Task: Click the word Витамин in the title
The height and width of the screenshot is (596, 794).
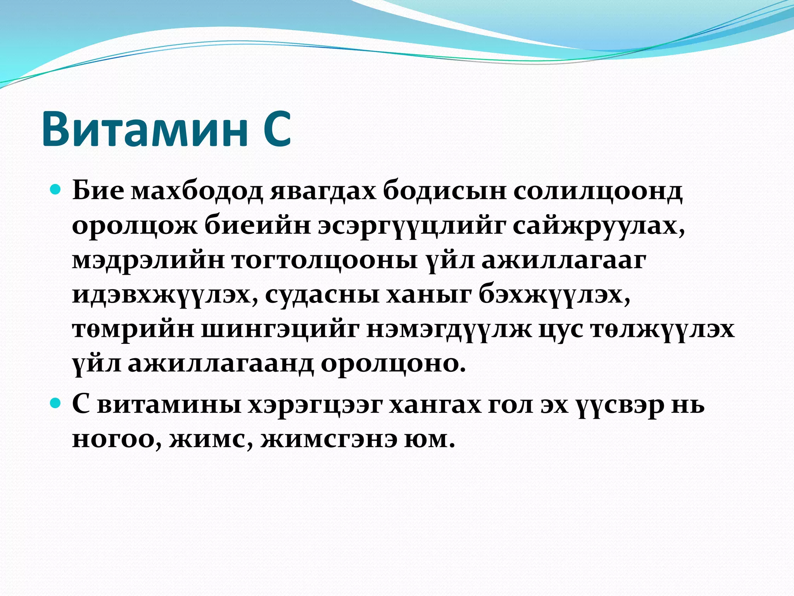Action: click(145, 129)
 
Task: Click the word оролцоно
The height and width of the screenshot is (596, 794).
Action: click(392, 364)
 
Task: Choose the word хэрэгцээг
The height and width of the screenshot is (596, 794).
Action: click(314, 405)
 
